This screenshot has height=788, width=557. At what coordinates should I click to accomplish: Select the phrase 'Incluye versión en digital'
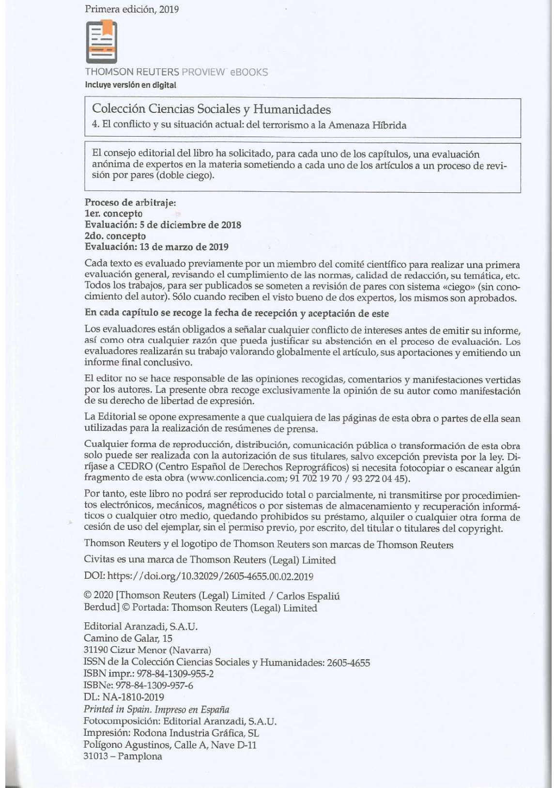130,85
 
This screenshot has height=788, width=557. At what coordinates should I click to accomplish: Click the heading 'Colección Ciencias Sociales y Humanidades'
211,109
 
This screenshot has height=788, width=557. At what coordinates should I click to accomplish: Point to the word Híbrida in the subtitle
389,125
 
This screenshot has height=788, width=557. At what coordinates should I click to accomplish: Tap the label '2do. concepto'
115,236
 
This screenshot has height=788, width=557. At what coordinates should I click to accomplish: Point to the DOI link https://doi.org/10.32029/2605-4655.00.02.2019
210,576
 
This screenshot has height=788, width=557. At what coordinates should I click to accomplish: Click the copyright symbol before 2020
88,596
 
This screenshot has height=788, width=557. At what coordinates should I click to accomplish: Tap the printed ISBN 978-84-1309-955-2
175,674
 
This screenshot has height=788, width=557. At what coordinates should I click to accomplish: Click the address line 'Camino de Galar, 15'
128,638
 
